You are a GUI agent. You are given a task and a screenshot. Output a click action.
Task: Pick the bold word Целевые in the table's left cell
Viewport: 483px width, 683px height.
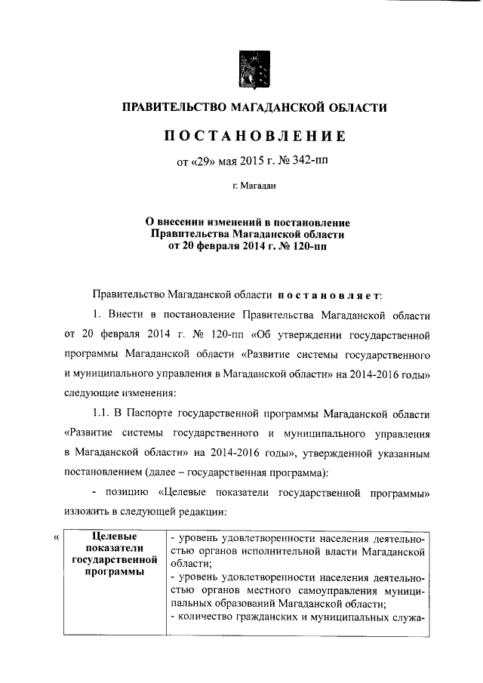coord(114,536)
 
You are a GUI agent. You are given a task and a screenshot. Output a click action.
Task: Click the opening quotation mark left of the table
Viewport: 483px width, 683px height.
coord(57,537)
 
